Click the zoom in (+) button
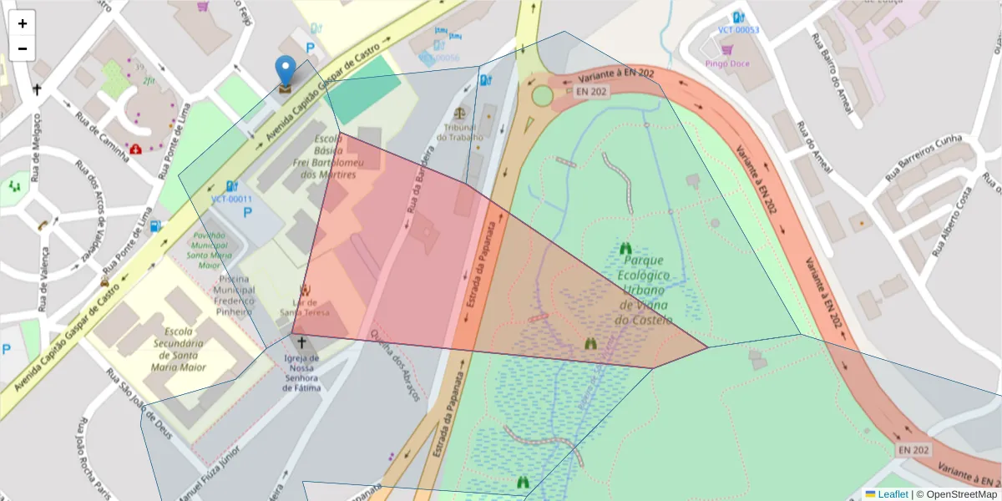coord(22,23)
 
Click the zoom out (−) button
coord(22,48)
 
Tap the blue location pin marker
coord(286,70)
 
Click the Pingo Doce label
coord(726,63)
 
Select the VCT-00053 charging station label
coord(738,30)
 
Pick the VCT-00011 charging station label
coord(231,200)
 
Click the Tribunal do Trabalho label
coord(459,131)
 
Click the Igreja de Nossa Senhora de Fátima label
coord(302,372)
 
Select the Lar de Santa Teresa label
coord(304,307)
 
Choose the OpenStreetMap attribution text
coord(956,494)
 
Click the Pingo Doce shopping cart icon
coord(726,50)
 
